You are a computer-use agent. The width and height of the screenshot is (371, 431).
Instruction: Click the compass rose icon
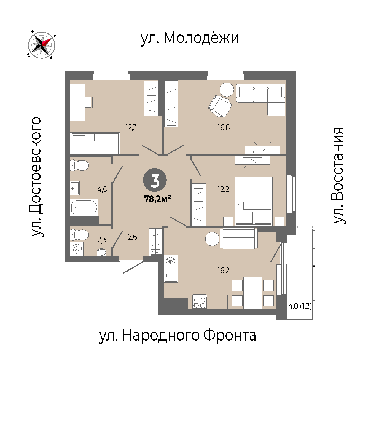pyautogui.click(x=42, y=45)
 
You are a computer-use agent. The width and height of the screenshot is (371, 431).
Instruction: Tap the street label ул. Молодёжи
pyautogui.click(x=190, y=38)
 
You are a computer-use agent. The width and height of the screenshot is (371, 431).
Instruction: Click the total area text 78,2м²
pyautogui.click(x=157, y=199)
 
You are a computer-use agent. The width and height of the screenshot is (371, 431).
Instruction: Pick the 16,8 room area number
pyautogui.click(x=224, y=127)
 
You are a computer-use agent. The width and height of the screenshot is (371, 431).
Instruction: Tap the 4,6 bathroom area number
pyautogui.click(x=102, y=189)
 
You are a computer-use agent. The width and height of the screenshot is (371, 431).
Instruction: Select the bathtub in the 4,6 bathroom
pyautogui.click(x=84, y=207)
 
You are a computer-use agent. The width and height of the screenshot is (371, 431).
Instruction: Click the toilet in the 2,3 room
pyautogui.click(x=79, y=234)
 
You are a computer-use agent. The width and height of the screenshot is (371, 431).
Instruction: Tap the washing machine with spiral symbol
pyautogui.click(x=77, y=249)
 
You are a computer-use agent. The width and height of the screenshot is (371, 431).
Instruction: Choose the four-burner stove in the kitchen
pyautogui.click(x=200, y=302)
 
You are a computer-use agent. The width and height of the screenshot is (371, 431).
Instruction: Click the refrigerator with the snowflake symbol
pyautogui.click(x=171, y=261)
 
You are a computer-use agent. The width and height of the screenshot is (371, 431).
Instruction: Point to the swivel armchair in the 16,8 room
pyautogui.click(x=220, y=106)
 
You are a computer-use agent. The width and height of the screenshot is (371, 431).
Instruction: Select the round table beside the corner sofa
pyautogui.click(x=227, y=90)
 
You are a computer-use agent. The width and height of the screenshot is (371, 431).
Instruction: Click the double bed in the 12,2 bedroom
pyautogui.click(x=254, y=201)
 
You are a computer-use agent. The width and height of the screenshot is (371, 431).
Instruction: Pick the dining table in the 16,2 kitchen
pyautogui.click(x=253, y=293)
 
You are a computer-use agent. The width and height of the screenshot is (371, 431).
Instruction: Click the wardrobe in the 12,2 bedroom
pyautogui.click(x=199, y=204)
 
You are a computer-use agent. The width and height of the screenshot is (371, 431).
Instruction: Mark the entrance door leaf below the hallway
pyautogui.click(x=133, y=267)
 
